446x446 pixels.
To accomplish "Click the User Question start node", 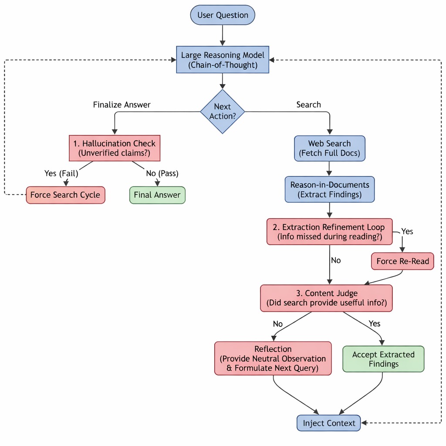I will (223, 15).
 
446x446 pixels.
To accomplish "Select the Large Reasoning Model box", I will (223, 60).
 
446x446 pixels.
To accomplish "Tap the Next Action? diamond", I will (223, 111).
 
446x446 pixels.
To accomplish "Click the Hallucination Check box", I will (115, 148).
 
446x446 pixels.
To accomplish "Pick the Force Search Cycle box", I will (65, 195).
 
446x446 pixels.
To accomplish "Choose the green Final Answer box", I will (157, 195).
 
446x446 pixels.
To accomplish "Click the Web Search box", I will (329, 148).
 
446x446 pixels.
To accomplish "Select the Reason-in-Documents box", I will (329, 189).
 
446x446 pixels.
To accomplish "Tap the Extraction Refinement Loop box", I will (329, 232).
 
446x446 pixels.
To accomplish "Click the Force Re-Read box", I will (402, 261).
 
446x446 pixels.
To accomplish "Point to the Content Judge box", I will (326, 298).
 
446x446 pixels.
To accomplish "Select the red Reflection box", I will (273, 358).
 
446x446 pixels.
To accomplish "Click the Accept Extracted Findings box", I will (383, 359).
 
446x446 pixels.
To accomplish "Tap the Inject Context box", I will (329, 423).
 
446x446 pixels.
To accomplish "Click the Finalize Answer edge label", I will (122, 105).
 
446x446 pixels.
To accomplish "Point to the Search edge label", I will (308, 105).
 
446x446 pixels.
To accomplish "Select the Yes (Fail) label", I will (61, 173).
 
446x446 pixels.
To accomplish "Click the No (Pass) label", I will (162, 173).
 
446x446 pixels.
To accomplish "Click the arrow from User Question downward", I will (223, 35).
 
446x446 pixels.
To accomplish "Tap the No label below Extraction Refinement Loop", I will (336, 260).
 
